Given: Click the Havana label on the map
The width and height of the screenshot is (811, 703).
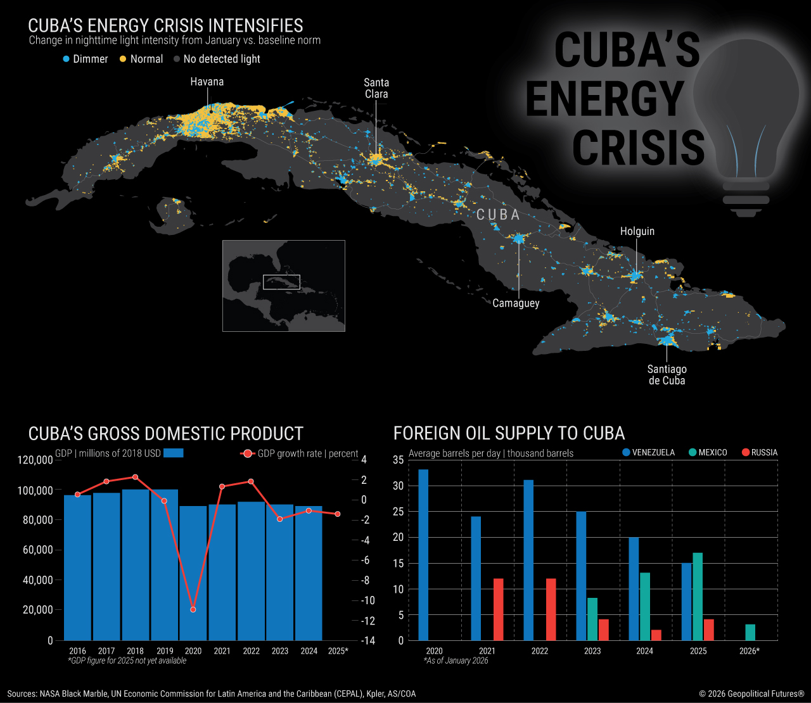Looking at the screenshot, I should point(207,82).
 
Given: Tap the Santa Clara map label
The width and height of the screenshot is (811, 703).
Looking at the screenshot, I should point(376,88).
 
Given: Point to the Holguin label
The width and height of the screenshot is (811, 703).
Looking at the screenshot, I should point(637,231).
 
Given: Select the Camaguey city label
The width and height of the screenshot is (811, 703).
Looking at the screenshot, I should point(516,303).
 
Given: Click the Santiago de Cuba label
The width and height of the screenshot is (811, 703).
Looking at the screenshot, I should point(667,374).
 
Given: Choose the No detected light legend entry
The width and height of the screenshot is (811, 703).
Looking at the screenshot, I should point(217,59).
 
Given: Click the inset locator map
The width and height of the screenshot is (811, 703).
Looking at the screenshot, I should point(283,286).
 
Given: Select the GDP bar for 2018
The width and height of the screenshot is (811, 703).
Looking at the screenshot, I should point(136,564).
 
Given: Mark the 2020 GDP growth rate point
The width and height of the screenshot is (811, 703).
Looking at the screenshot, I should point(193,609).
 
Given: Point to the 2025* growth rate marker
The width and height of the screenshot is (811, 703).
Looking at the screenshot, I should point(338,514).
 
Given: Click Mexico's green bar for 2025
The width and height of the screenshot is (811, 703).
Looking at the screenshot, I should point(698,596).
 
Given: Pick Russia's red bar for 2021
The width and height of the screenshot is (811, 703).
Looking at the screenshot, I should point(498,609).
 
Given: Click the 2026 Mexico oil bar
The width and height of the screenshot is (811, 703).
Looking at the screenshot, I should point(750,632).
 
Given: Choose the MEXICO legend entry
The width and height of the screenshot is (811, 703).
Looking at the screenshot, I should point(708,453).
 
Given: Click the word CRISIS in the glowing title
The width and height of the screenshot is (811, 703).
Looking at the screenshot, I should point(638,147).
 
